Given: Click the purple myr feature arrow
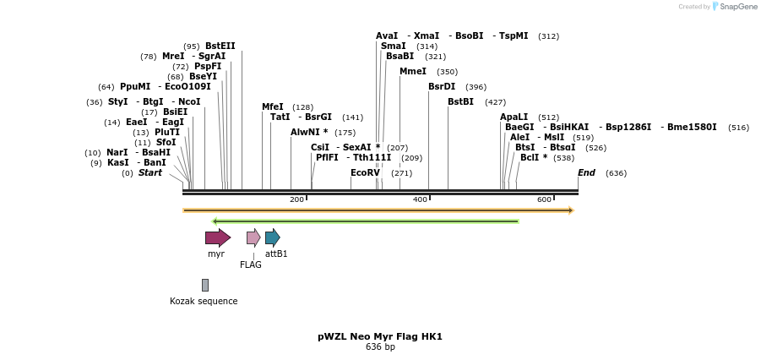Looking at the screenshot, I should [x=217, y=237].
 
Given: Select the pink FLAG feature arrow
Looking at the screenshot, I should [x=253, y=237].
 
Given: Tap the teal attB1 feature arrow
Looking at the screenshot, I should [x=272, y=237].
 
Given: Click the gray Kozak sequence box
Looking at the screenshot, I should [x=204, y=285].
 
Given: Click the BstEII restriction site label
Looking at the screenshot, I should [x=220, y=46].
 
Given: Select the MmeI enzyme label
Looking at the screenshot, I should [x=413, y=72].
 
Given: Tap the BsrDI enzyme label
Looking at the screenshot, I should [x=442, y=86].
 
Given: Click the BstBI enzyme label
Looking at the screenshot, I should [x=460, y=101].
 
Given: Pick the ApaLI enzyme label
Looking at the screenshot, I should [x=514, y=117].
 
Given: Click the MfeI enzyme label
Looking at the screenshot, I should [x=273, y=106].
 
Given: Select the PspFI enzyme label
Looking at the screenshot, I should [x=208, y=66].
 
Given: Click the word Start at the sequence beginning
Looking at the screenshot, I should [x=149, y=172].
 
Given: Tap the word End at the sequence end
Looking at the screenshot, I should [x=586, y=172].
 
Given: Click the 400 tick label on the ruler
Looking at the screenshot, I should [x=420, y=199].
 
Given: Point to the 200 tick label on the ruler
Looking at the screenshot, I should [x=296, y=199].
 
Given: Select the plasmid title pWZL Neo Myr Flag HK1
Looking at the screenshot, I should [x=380, y=336].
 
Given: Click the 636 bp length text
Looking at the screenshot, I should [x=380, y=346].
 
